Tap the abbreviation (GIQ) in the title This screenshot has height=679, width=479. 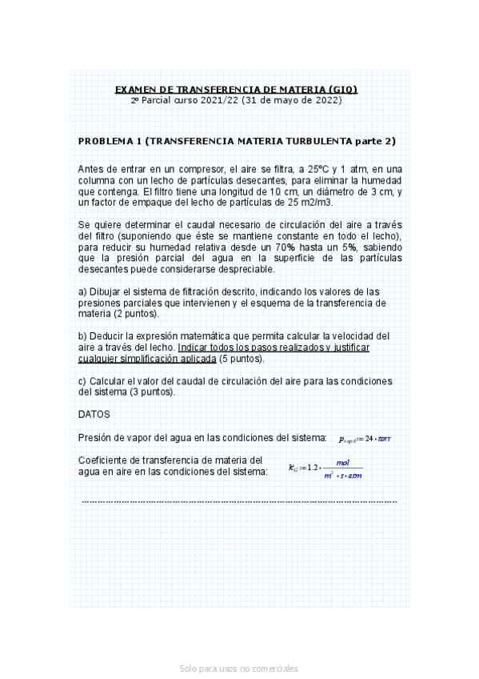tap(342, 89)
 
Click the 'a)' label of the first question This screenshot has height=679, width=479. tap(82, 291)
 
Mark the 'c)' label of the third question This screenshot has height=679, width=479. tap(82, 381)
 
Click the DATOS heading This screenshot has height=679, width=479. tap(94, 415)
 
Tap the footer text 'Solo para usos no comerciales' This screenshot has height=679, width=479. tap(239, 668)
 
